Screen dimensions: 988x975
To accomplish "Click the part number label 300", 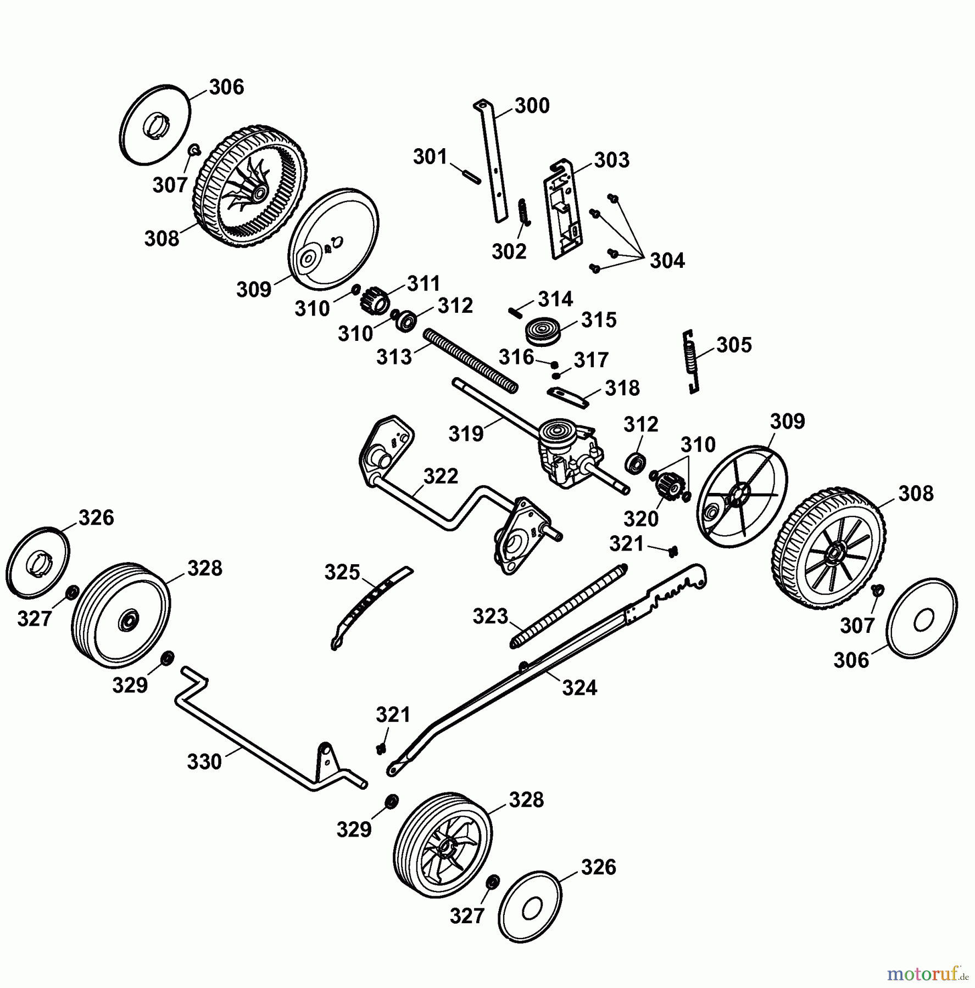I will (x=532, y=105).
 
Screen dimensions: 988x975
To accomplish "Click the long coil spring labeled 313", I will (x=470, y=360).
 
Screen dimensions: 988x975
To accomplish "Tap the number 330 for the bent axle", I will (x=204, y=761).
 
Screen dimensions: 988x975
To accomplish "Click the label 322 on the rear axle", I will (x=441, y=476).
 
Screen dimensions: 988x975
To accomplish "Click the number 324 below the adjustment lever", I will (x=579, y=687).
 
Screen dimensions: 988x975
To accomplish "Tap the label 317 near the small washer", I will (x=591, y=360).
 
